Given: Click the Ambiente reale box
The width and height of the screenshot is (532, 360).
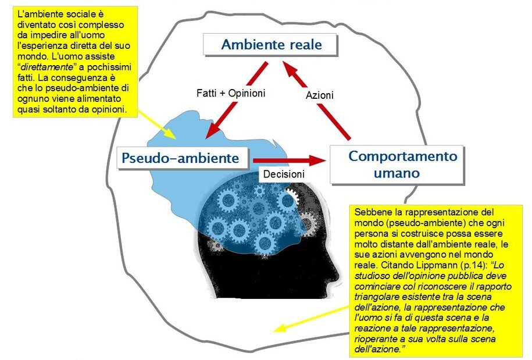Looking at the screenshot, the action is pos(270,44).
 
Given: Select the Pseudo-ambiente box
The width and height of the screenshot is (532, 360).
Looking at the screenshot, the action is pos(183,158).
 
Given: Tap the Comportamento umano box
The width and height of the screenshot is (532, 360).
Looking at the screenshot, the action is pos(397,165).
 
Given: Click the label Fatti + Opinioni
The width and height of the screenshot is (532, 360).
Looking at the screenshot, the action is pos(231,93).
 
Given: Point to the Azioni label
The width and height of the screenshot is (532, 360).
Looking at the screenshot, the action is pos(320,95).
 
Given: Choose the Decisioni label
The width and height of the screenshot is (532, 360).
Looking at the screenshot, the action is pos(284,174).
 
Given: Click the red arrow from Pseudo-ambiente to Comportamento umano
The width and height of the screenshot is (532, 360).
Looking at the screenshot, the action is pos(289,160).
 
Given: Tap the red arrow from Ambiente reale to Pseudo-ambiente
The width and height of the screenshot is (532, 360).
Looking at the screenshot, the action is pos(237,100).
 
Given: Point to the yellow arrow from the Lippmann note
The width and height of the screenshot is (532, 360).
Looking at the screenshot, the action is pos(312,318).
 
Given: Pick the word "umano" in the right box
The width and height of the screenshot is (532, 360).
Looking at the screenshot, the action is pos(397,173).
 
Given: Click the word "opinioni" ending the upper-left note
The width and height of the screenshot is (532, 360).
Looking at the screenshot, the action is pos(109,110).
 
